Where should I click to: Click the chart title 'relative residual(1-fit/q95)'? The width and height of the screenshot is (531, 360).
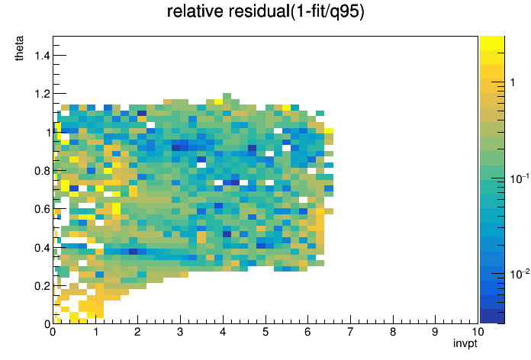pyautogui.click(x=265, y=12)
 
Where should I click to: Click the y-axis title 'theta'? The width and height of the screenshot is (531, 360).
pyautogui.click(x=19, y=48)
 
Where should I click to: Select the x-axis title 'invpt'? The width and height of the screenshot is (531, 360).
pyautogui.click(x=465, y=343)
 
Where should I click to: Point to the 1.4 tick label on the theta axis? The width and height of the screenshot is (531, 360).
pyautogui.click(x=42, y=55)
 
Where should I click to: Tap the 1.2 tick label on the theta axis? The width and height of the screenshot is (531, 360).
pyautogui.click(x=42, y=94)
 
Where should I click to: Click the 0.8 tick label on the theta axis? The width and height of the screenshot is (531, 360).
pyautogui.click(x=42, y=171)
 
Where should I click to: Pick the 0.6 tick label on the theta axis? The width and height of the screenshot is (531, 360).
pyautogui.click(x=42, y=209)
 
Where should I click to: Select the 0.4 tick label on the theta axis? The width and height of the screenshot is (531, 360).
pyautogui.click(x=42, y=248)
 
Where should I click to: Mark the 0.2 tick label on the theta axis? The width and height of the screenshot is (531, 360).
pyautogui.click(x=42, y=287)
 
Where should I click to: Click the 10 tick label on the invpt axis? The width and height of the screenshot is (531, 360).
pyautogui.click(x=478, y=332)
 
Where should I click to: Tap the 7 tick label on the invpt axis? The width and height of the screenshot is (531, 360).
pyautogui.click(x=350, y=332)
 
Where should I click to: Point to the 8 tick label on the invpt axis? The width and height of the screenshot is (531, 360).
pyautogui.click(x=393, y=332)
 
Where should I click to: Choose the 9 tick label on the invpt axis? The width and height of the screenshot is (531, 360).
pyautogui.click(x=435, y=332)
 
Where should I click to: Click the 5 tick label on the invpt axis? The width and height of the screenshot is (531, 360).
pyautogui.click(x=265, y=332)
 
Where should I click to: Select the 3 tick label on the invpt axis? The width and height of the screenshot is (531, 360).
pyautogui.click(x=180, y=332)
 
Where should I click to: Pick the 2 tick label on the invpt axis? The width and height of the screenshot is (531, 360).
pyautogui.click(x=137, y=332)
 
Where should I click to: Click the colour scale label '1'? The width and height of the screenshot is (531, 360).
pyautogui.click(x=513, y=82)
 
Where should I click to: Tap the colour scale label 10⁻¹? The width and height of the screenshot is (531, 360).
pyautogui.click(x=520, y=178)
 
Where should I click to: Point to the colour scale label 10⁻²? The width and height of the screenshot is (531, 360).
pyautogui.click(x=520, y=273)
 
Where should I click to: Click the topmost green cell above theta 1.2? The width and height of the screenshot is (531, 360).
pyautogui.click(x=227, y=96)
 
